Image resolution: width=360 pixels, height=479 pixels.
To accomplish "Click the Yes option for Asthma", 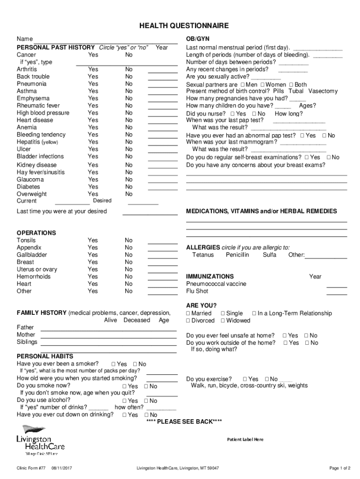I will (93, 91).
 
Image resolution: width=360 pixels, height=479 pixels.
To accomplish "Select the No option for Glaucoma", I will (129, 180).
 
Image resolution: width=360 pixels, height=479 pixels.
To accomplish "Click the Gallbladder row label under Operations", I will (32, 255).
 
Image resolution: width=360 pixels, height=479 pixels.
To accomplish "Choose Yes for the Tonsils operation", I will (93, 240).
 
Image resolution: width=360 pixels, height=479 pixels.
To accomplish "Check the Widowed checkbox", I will (223, 321).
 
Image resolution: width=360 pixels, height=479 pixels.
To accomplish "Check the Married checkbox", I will (188, 313).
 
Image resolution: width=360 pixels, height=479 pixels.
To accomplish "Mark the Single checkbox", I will (223, 313).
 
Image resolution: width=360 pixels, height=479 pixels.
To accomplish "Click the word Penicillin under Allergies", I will (238, 255).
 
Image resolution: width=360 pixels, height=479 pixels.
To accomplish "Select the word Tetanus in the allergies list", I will (203, 255).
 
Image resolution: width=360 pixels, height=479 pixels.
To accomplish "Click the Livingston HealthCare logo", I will (40, 440).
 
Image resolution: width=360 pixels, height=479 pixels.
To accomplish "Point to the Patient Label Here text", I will (245, 440).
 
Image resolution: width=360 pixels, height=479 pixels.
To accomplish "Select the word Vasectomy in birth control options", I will (323, 91).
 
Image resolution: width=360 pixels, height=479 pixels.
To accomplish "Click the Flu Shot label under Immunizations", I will (197, 291).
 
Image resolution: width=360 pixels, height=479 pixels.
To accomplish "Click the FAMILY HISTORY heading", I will (42, 313).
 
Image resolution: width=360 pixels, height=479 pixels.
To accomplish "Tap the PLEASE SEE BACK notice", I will (184, 422).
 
